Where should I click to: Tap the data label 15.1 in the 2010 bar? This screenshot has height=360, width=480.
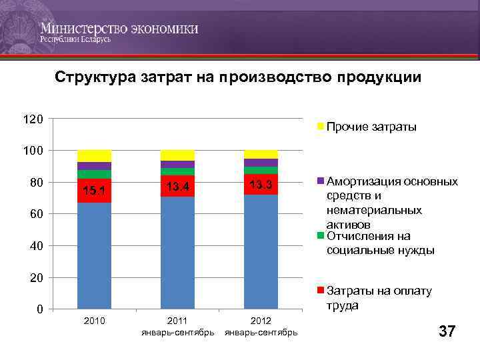(x=94, y=191)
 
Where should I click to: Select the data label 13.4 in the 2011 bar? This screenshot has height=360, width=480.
(x=177, y=186)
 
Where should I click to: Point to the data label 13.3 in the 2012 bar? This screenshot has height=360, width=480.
(x=261, y=184)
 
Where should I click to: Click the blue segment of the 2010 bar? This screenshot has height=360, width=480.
(x=94, y=257)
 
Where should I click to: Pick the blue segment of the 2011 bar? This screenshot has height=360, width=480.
(x=177, y=253)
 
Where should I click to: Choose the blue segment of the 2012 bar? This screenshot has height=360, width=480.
(x=261, y=252)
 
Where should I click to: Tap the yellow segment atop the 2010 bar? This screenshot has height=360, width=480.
(x=94, y=156)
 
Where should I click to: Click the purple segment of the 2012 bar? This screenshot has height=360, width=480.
(x=261, y=163)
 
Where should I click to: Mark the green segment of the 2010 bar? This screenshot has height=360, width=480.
(x=94, y=174)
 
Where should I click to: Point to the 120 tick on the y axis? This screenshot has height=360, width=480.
(x=33, y=119)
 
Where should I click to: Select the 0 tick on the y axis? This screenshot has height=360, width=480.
(x=39, y=309)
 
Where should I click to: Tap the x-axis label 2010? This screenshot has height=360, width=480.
(x=94, y=322)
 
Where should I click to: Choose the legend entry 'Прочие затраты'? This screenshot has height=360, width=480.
(x=371, y=127)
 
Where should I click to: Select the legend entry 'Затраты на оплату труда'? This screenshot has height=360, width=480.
(x=379, y=298)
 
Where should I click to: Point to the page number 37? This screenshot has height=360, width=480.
(x=446, y=331)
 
